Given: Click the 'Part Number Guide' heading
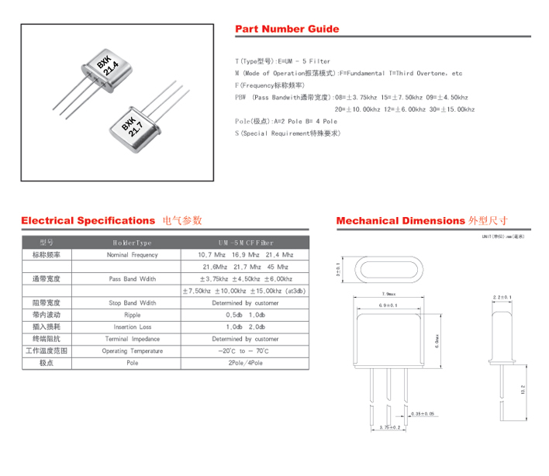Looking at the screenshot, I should click(x=287, y=29).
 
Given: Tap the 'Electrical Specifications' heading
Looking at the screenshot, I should click(x=88, y=221).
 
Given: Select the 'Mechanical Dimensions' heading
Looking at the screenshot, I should click(x=400, y=221).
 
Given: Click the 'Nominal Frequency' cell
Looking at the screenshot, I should click(x=131, y=255).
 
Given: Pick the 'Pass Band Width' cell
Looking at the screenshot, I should click(x=131, y=278).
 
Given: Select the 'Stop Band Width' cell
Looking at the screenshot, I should click(x=131, y=303).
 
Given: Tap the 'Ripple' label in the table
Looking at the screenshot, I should click(x=131, y=316).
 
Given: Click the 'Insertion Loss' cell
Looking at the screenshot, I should click(x=131, y=327).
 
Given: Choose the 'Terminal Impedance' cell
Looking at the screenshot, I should click(x=131, y=339).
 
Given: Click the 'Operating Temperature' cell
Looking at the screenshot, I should click(x=131, y=351).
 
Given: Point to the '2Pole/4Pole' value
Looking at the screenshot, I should click(x=245, y=363).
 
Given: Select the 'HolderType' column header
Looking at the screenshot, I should click(x=131, y=243).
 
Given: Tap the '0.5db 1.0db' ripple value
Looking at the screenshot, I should click(x=245, y=316).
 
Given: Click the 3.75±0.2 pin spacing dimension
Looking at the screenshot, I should click(x=389, y=427).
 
